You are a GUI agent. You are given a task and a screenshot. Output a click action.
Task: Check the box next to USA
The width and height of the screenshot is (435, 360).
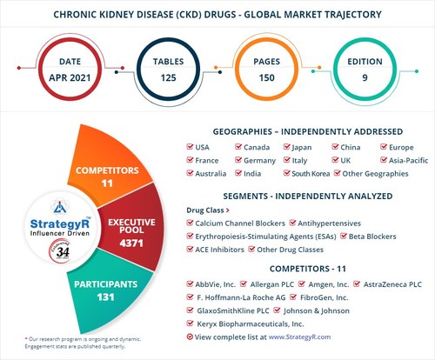click(191, 147)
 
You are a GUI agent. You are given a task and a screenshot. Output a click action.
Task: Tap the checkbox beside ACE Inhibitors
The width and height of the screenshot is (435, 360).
click(191, 250)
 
